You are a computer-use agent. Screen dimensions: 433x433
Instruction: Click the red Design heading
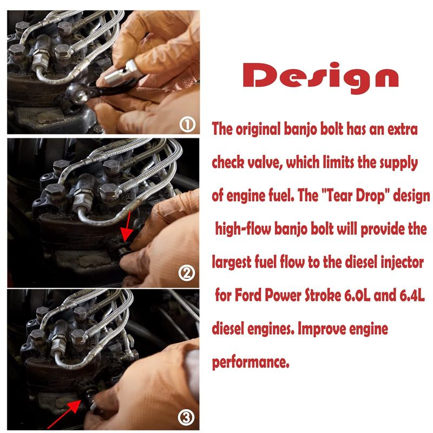point(320,76)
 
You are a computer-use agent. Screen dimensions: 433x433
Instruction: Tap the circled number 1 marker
point(187,125)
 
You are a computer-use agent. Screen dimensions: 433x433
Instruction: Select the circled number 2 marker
point(186,273)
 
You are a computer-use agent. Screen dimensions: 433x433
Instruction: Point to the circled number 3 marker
point(186,417)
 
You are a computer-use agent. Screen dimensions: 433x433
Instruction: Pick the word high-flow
point(243,229)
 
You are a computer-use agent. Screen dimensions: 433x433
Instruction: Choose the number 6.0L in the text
point(357,296)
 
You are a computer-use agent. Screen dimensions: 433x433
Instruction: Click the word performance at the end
point(251,363)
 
